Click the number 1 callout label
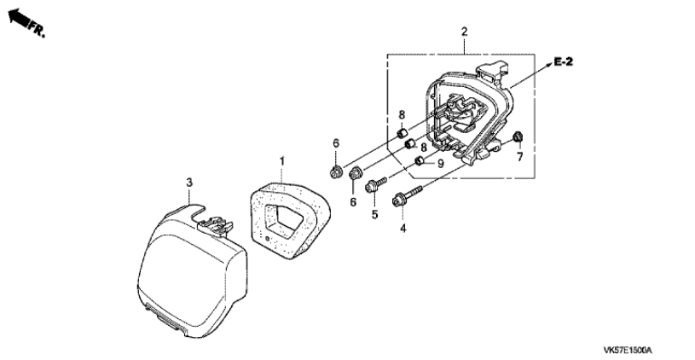point(284,160)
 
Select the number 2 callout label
point(464,32)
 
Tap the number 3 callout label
point(190,181)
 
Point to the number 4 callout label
point(402,229)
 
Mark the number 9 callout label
point(441,163)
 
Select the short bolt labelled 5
point(378,182)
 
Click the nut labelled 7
point(518,138)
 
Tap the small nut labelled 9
point(420,162)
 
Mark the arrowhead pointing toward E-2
point(543,65)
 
